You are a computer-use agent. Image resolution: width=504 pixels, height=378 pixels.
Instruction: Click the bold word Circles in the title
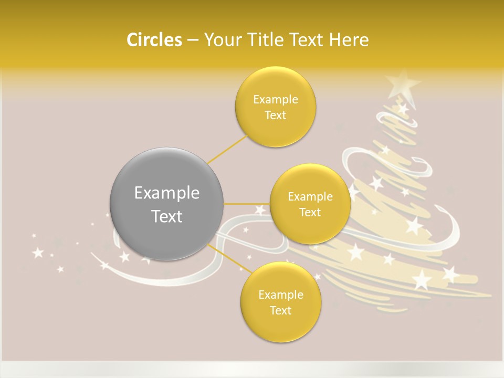click(154, 40)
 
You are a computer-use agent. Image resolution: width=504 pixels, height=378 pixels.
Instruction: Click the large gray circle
click(166, 204)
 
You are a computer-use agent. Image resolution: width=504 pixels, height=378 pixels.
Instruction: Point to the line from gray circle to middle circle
click(247, 204)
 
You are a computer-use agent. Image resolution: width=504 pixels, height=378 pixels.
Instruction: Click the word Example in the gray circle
click(166, 193)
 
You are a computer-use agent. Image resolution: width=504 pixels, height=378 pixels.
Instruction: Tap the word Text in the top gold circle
click(276, 115)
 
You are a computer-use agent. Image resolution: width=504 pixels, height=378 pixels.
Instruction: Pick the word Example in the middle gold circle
click(310, 197)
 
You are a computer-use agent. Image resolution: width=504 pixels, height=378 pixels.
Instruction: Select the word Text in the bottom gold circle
click(280, 311)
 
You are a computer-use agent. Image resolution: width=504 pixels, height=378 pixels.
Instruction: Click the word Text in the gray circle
click(166, 216)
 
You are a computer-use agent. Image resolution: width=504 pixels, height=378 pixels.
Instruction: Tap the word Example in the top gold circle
click(276, 100)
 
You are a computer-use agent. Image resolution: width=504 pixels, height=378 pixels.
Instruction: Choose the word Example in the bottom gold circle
click(280, 295)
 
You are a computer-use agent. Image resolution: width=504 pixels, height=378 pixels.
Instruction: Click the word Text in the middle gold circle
click(310, 213)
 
